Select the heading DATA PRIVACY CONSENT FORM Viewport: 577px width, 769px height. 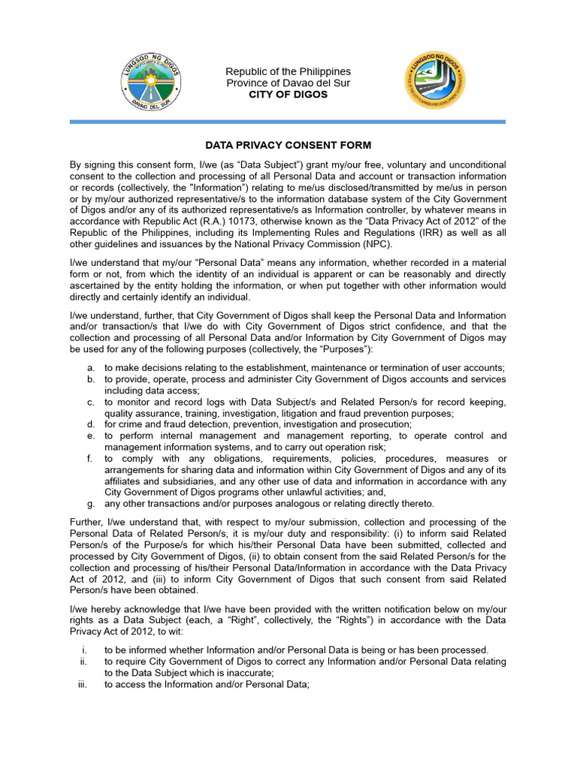(x=288, y=145)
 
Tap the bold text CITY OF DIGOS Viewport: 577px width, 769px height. (x=288, y=95)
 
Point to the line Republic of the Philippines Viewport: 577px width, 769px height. (x=288, y=71)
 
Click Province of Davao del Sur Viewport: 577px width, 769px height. (x=288, y=83)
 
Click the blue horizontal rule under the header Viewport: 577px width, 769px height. (x=288, y=122)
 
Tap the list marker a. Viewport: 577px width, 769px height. (x=90, y=367)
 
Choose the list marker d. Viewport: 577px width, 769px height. (x=90, y=424)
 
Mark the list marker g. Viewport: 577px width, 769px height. (x=90, y=503)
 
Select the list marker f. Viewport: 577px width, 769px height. (x=90, y=458)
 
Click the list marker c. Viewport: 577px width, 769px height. (x=90, y=402)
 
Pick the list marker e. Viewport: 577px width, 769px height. (x=90, y=436)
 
